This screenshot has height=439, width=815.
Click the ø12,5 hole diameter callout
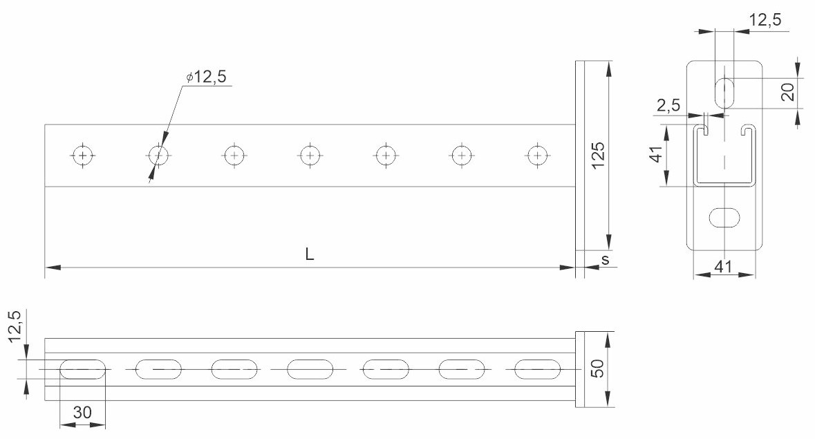pyautogui.click(x=207, y=77)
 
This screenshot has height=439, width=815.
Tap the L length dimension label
pyautogui.click(x=310, y=254)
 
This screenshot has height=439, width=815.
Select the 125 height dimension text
pyautogui.click(x=598, y=155)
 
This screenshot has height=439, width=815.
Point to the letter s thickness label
pyautogui.click(x=605, y=259)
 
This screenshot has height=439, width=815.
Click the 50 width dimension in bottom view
pyautogui.click(x=598, y=368)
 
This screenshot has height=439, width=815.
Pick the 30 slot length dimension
pyautogui.click(x=82, y=413)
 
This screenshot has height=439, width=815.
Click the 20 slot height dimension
pyautogui.click(x=788, y=92)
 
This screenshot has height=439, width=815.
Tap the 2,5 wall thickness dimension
pyautogui.click(x=668, y=106)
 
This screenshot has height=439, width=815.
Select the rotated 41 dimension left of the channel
pyautogui.click(x=657, y=154)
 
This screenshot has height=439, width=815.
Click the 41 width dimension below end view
pyautogui.click(x=723, y=267)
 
